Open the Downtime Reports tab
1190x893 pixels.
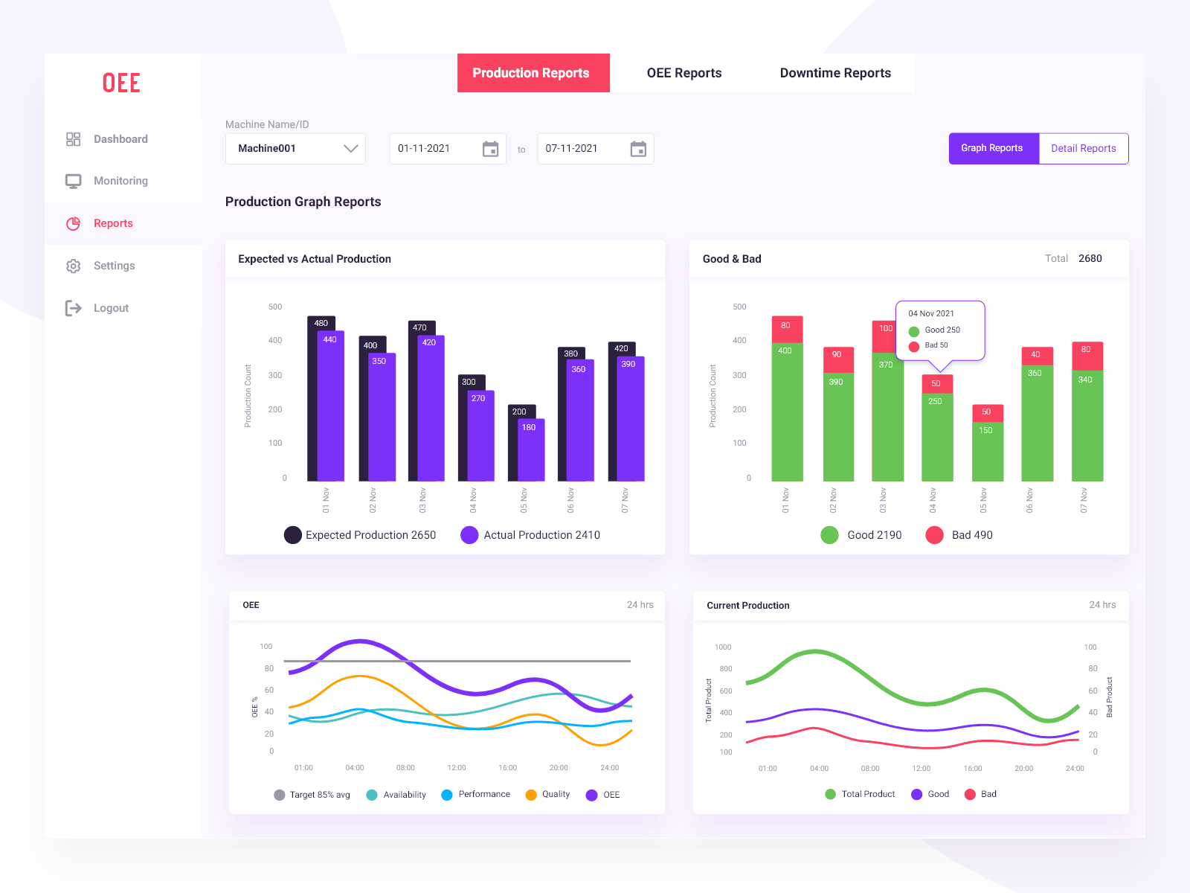(835, 73)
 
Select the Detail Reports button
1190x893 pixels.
(1083, 148)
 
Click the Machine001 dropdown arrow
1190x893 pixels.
(350, 148)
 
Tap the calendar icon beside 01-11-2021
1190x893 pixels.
(490, 149)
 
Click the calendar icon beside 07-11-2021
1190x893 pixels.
(638, 149)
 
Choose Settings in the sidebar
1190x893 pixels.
(114, 266)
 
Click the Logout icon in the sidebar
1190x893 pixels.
(73, 308)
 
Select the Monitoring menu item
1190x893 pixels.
(120, 181)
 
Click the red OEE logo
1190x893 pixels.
(121, 83)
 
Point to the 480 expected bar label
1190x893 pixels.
(321, 323)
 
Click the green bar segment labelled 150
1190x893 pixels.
(987, 451)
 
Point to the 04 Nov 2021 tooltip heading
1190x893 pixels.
(930, 313)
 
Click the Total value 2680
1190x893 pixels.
(1090, 258)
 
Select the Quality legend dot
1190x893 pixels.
(531, 795)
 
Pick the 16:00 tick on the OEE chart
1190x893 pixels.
(507, 767)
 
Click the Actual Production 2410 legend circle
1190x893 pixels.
(469, 535)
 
